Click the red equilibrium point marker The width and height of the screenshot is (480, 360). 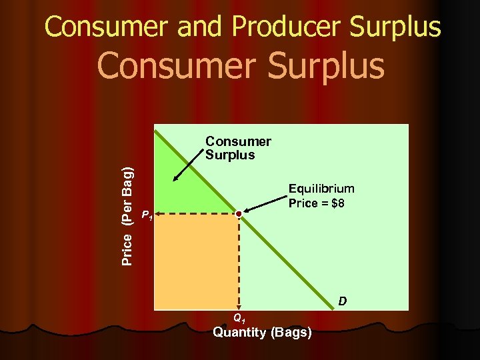(x=239, y=213)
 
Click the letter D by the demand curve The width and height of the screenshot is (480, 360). (x=342, y=301)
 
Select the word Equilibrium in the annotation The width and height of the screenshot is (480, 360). (x=321, y=189)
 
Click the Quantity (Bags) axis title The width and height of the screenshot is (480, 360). (x=262, y=332)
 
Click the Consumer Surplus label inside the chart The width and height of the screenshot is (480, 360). (x=237, y=148)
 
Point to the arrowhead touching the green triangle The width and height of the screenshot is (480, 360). (x=174, y=179)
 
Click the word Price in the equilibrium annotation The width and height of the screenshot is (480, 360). (x=303, y=203)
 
